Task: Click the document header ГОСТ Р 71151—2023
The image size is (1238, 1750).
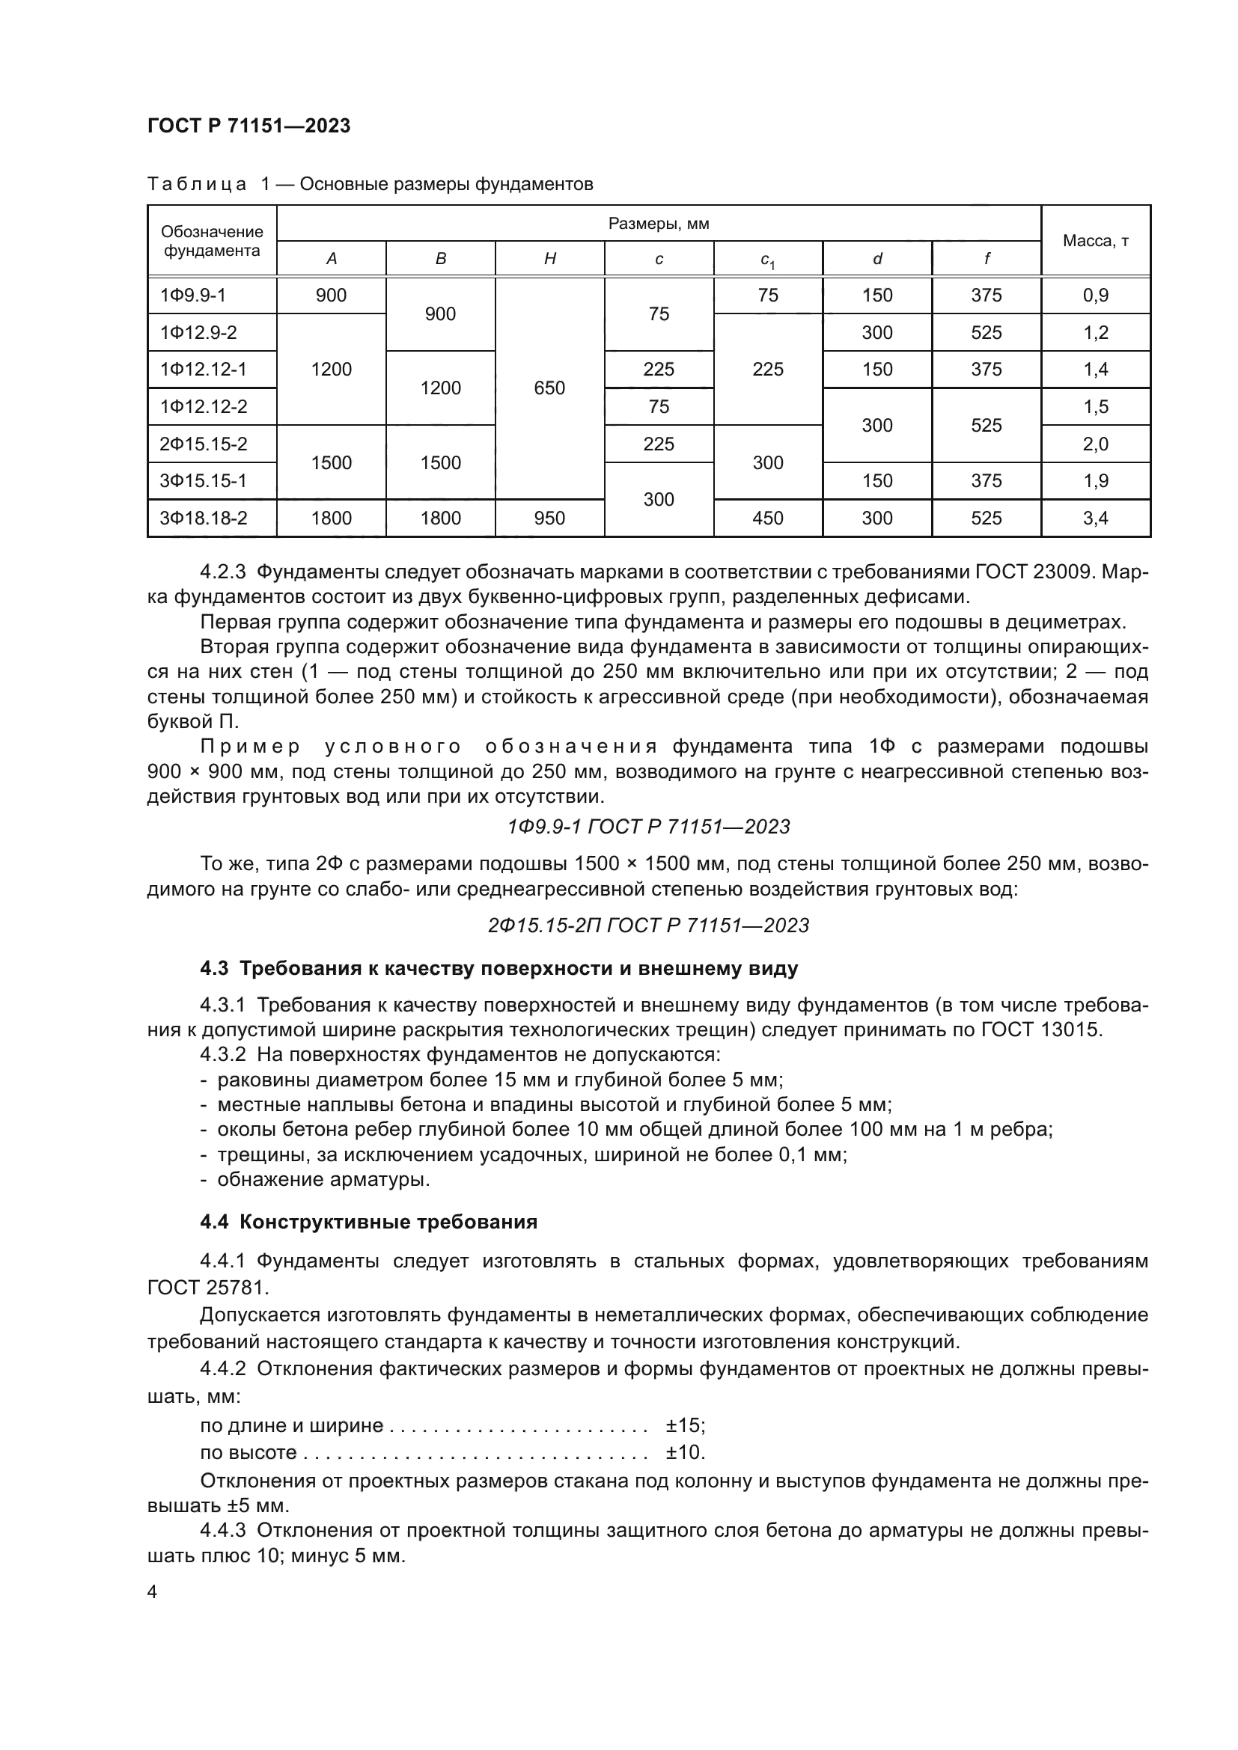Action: tap(248, 126)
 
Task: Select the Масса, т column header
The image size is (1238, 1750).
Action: tap(1096, 241)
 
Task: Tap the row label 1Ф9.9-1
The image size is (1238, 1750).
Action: tap(193, 295)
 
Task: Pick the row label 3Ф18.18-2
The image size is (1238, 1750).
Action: tap(204, 518)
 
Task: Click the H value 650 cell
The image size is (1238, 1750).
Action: tap(549, 388)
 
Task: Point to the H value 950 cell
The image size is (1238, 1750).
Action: tap(549, 518)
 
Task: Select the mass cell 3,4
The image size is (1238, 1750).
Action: tap(1096, 518)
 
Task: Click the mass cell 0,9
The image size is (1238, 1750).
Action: tap(1096, 295)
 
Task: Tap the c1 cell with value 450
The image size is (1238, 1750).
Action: tap(768, 518)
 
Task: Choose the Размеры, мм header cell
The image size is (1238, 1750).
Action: tap(659, 223)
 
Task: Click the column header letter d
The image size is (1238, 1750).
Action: tap(876, 259)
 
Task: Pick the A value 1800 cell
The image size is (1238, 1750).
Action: tap(331, 518)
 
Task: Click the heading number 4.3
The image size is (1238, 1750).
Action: tap(214, 969)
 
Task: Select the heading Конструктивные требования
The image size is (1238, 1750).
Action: tap(388, 1222)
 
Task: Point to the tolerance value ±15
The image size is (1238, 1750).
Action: tap(685, 1425)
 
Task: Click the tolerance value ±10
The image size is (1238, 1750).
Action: tap(685, 1452)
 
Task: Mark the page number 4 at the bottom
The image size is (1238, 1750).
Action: tap(153, 1592)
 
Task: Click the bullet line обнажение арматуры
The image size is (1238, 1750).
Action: tap(323, 1180)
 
